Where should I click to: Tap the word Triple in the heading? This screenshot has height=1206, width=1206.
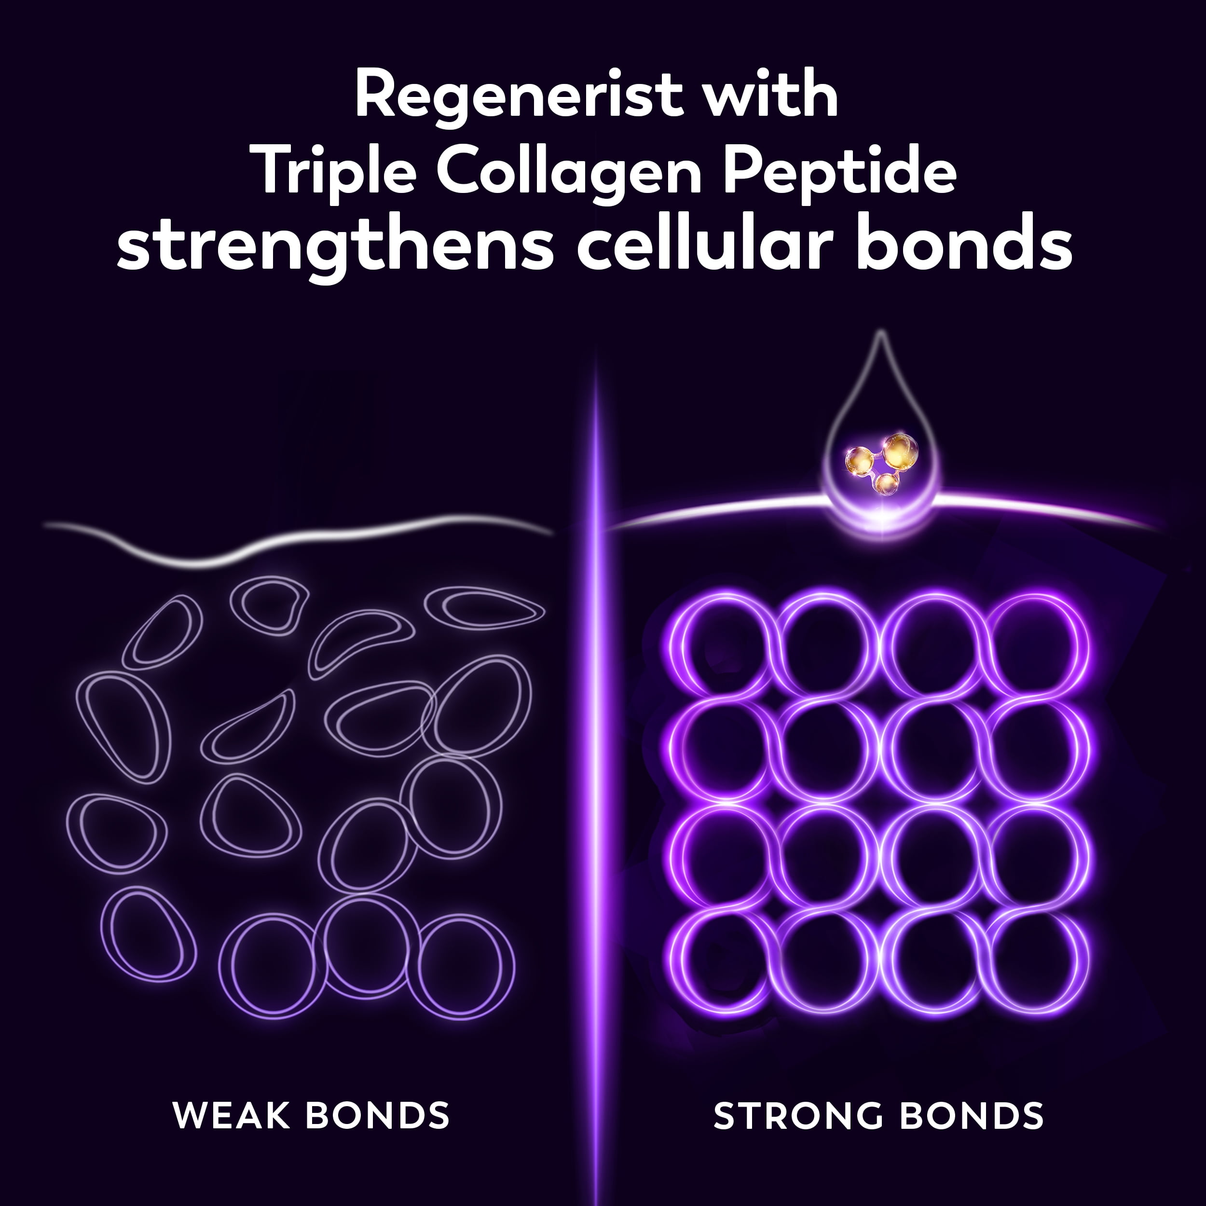click(336, 172)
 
